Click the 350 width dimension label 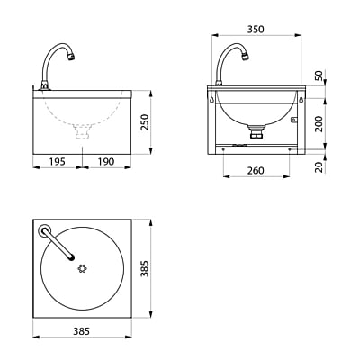tap(256, 30)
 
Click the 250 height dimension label tap(145, 121)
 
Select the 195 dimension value tap(58, 162)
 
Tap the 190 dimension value tap(106, 162)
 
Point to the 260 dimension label tap(256, 171)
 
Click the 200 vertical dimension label tap(319, 123)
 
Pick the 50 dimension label tap(319, 75)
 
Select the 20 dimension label tap(320, 167)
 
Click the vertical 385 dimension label tap(145, 268)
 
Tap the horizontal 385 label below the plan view tap(82, 331)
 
